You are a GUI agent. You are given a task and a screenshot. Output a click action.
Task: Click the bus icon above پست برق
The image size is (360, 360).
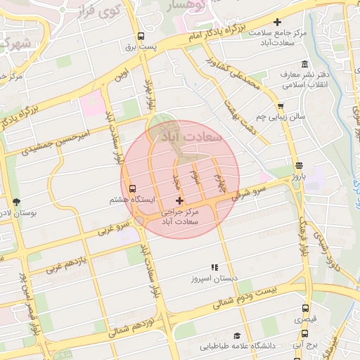point(141,37)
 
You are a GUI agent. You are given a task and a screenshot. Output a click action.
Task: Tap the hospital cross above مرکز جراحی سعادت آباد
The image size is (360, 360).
point(179,201)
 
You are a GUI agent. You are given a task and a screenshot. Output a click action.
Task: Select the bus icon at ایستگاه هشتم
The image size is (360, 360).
point(132,189)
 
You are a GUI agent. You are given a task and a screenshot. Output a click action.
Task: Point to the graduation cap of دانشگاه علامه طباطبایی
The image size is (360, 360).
point(237,336)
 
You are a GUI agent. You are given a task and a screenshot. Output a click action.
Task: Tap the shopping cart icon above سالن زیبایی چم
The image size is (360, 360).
point(281,106)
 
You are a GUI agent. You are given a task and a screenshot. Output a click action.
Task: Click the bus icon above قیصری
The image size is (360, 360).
point(305,308)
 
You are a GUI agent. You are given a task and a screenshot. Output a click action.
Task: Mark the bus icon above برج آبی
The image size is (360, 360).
point(305,334)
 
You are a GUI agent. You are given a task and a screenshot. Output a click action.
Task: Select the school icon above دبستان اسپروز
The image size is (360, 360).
point(214,268)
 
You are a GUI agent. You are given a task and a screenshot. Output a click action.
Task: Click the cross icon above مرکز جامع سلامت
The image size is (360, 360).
point(277,22)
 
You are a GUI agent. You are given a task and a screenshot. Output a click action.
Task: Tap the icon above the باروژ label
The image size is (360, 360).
point(299,166)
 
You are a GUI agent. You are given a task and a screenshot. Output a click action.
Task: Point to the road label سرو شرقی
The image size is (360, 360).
point(251,191)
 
